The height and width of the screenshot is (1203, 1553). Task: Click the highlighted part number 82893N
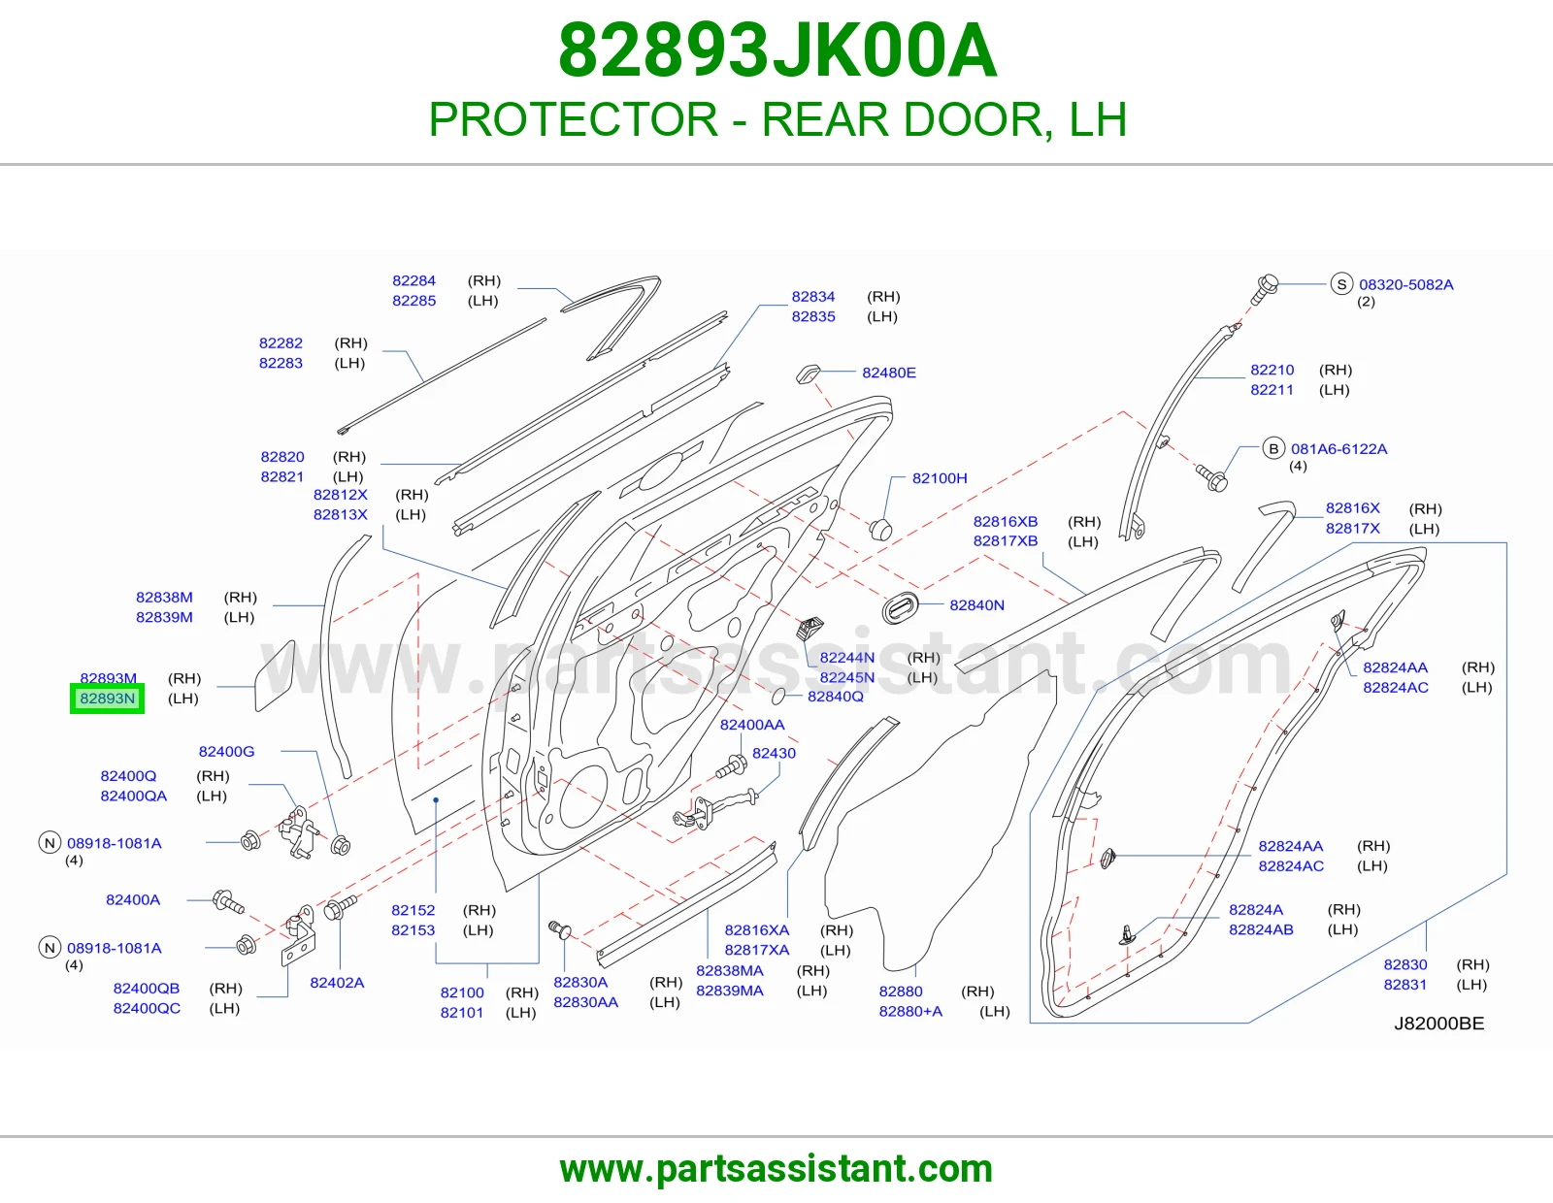click(107, 699)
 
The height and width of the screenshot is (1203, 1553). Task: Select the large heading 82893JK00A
click(776, 50)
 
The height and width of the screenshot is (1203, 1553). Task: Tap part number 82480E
click(888, 373)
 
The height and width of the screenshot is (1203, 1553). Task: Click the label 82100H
click(940, 478)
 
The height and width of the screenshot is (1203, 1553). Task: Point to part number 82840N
click(976, 605)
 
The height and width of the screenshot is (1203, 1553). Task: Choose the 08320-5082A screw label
click(1405, 285)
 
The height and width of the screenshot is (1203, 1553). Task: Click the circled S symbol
click(1341, 284)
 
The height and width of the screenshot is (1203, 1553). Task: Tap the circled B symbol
click(1272, 448)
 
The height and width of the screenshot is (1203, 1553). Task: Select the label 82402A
click(337, 983)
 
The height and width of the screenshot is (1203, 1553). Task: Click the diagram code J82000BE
click(1438, 1024)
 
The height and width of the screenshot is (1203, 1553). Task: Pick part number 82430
click(774, 754)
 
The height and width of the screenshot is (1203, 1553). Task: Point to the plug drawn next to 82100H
click(880, 530)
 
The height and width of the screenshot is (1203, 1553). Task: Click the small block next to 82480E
click(809, 374)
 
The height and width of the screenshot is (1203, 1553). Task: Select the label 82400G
click(226, 752)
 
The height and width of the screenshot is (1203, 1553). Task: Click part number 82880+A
click(910, 1012)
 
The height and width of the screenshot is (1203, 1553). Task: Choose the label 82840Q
click(835, 697)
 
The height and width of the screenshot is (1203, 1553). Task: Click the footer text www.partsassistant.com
click(776, 1169)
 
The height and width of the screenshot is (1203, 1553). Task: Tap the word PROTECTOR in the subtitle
click(574, 119)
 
